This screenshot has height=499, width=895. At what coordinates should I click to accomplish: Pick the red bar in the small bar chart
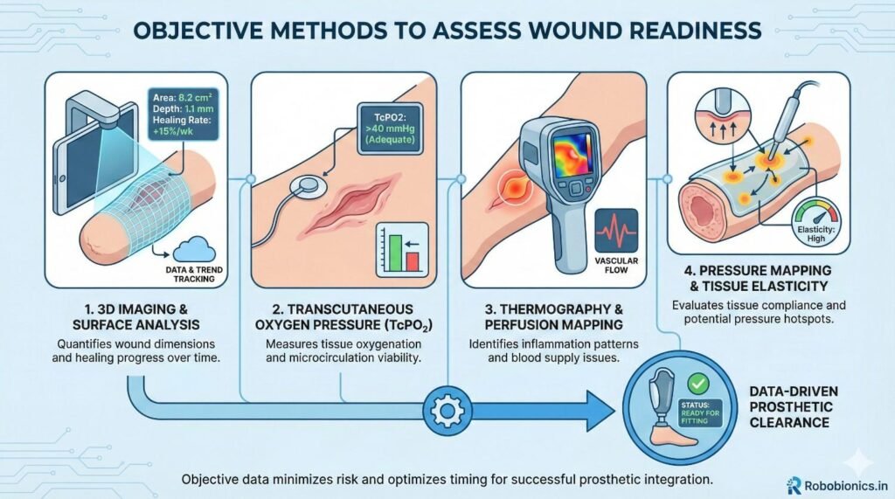[x=411, y=260]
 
